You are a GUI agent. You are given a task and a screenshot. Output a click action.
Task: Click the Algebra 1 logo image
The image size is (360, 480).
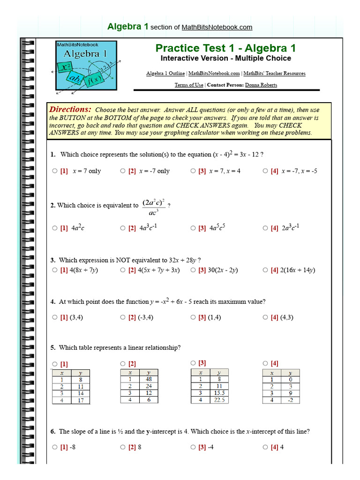point(86,66)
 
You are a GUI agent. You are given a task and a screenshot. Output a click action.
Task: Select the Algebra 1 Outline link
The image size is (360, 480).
point(165,74)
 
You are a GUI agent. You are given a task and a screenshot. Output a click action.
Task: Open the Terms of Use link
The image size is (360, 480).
point(189,85)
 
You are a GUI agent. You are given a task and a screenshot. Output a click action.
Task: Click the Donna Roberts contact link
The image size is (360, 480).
point(261,85)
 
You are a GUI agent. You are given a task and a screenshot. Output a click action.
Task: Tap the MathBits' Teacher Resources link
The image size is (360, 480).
point(274,74)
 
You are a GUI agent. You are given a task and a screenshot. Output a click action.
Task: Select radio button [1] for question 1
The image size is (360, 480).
point(55,171)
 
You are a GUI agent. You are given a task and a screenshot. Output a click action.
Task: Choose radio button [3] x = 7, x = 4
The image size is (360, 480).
point(193,171)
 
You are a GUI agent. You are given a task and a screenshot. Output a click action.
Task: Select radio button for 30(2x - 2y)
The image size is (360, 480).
point(193,270)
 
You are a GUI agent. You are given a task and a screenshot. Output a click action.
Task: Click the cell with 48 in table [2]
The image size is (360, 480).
point(149,379)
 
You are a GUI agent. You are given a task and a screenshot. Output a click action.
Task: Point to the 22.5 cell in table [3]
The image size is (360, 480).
point(219,400)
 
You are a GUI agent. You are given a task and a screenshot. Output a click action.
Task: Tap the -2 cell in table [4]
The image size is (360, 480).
point(290,400)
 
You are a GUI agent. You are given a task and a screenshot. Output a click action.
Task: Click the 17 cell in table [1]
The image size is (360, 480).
point(81,401)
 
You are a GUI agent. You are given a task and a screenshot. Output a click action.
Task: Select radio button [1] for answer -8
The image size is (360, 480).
point(55,447)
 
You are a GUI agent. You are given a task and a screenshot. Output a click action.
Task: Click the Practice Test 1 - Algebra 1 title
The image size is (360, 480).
point(225,48)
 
